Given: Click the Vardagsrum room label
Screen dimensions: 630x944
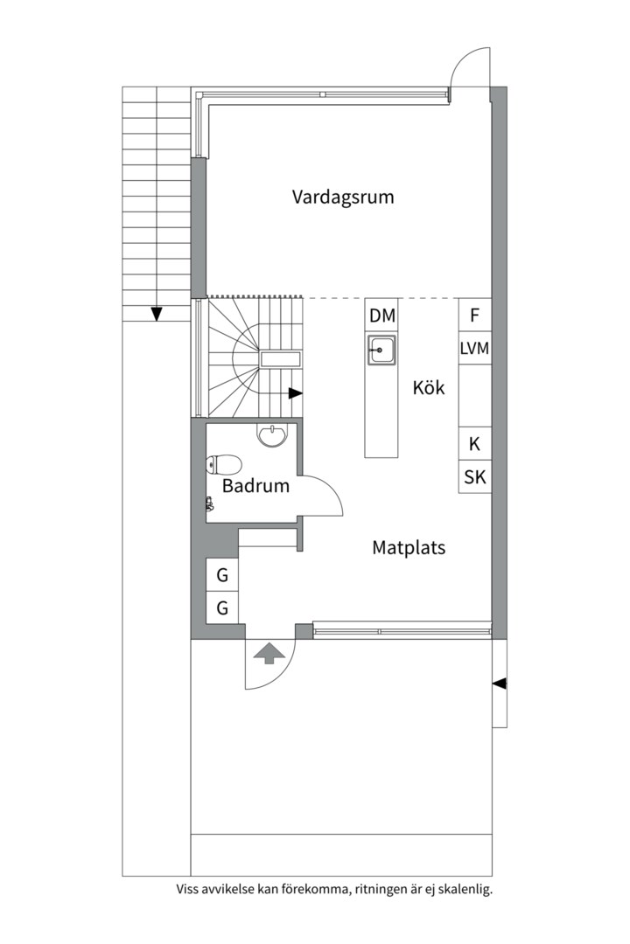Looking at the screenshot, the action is [343, 198].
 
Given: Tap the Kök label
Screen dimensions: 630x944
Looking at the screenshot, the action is [429, 387].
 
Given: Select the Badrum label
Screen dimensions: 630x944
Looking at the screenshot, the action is [255, 485].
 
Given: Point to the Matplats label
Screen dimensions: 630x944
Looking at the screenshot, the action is [409, 548].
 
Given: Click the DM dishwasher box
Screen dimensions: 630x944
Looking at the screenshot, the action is [382, 315].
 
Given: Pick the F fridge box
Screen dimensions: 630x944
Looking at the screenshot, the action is [475, 315].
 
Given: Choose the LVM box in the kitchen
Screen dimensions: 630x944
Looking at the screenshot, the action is [475, 347].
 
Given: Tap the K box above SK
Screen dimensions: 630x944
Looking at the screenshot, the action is [475, 444].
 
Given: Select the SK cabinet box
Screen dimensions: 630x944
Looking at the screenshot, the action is [475, 477].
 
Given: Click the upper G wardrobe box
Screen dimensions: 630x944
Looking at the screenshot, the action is [222, 575].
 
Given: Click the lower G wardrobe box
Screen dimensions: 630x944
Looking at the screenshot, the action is [222, 607].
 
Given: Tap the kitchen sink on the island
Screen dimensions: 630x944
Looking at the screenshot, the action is [381, 350].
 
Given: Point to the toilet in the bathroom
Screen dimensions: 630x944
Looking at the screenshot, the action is [224, 465].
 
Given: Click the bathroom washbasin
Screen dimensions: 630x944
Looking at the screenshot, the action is [274, 434].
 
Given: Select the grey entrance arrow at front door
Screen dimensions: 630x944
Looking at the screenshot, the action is [269, 654].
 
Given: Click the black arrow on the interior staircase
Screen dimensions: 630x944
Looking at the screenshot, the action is [296, 393].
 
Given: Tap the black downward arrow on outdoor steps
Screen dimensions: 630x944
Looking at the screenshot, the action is [157, 314].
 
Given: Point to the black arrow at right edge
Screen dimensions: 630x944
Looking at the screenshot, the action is [500, 684].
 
